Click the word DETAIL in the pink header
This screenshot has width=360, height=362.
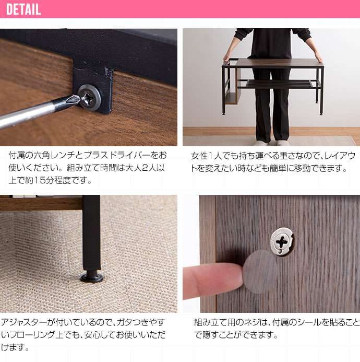[23, 9]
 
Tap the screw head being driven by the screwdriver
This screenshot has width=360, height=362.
[89, 98]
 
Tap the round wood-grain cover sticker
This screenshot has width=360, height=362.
[260, 272]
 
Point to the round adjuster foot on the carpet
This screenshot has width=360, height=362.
[92, 277]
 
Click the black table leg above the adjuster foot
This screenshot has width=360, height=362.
[91, 233]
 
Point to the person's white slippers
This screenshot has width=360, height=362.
[270, 143]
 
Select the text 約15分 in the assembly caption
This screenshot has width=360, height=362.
[40, 180]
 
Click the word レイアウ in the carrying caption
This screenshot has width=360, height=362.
[340, 156]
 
